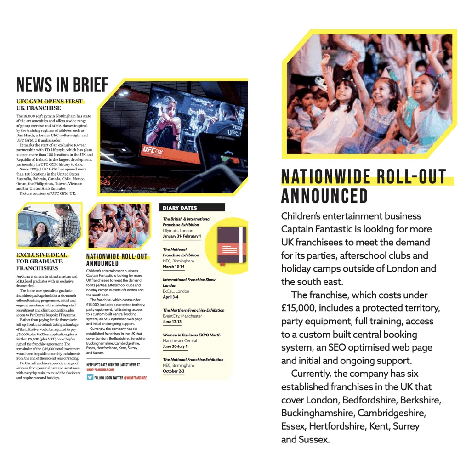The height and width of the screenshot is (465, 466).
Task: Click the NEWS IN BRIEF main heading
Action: pyautogui.click(x=62, y=85)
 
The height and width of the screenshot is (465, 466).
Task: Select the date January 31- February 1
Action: pyautogui.click(x=182, y=236)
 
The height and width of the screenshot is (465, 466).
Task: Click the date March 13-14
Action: pyautogui.click(x=174, y=267)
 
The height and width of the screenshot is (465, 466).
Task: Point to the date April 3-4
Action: pyautogui.click(x=170, y=297)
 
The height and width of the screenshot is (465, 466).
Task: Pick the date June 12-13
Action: pyautogui.click(x=172, y=322)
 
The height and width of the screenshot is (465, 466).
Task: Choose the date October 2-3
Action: pyautogui.click(x=174, y=371)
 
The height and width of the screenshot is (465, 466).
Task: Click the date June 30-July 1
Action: pyautogui.click(x=175, y=346)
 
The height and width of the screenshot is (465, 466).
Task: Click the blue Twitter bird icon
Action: pyautogui.click(x=90, y=377)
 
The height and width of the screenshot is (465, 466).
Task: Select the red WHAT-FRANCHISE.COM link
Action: pyautogui.click(x=100, y=369)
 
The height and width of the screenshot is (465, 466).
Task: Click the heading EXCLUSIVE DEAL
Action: pyautogui.click(x=41, y=255)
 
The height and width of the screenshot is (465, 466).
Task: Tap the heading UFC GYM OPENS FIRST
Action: pyautogui.click(x=50, y=102)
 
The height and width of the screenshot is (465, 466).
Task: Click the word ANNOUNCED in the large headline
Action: pyautogui.click(x=324, y=196)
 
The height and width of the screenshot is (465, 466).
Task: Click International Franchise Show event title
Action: pyautogui.click(x=189, y=280)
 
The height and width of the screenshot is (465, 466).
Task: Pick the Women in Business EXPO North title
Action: pyautogui.click(x=192, y=335)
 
